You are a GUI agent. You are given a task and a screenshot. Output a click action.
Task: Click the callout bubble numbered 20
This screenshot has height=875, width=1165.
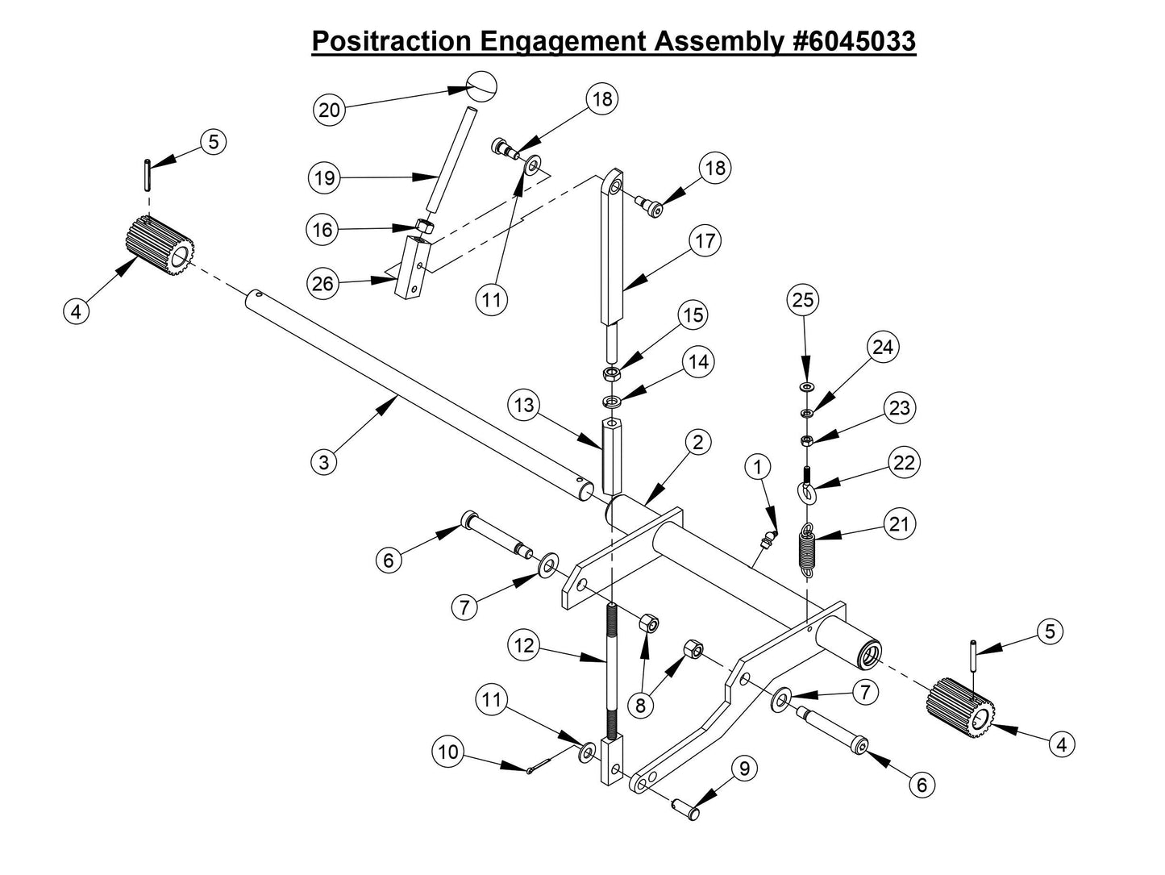click(x=329, y=110)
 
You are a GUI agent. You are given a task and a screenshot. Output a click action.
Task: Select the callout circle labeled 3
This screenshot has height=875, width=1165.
click(x=324, y=462)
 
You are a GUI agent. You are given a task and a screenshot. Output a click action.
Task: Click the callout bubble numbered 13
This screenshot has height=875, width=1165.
click(x=525, y=405)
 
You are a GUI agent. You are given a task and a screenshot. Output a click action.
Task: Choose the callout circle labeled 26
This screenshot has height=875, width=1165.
click(x=322, y=283)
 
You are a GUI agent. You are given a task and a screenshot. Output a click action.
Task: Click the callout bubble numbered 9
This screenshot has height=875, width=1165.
click(x=743, y=769)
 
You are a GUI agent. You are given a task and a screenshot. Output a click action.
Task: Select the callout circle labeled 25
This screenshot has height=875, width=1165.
click(x=803, y=300)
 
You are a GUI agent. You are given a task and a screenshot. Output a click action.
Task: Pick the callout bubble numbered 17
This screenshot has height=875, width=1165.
click(x=706, y=241)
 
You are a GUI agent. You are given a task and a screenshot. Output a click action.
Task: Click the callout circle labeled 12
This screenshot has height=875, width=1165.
click(x=524, y=645)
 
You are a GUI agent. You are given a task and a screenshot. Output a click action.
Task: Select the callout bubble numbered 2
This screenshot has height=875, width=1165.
click(x=698, y=442)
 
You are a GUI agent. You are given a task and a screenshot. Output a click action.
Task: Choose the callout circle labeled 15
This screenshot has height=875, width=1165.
click(x=693, y=315)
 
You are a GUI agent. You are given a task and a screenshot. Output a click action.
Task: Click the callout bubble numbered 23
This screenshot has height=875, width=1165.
click(x=899, y=408)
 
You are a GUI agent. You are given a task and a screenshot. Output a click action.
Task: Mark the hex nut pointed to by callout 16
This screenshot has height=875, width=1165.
click(x=425, y=227)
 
